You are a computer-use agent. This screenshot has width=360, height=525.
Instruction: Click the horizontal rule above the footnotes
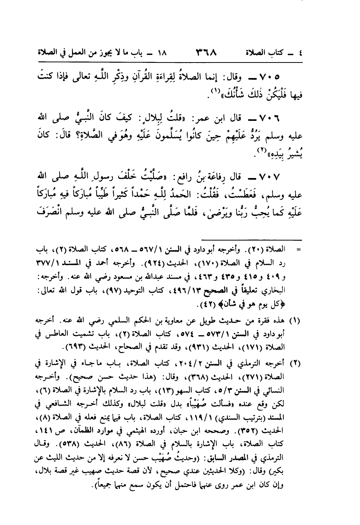pyautogui.click(x=252, y=239)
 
